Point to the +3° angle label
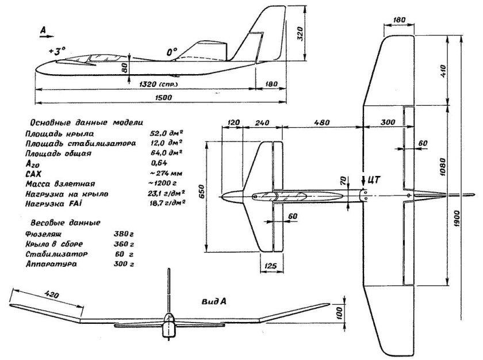57,51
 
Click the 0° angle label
171,52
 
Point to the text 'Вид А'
213,301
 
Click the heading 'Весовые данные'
63,222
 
